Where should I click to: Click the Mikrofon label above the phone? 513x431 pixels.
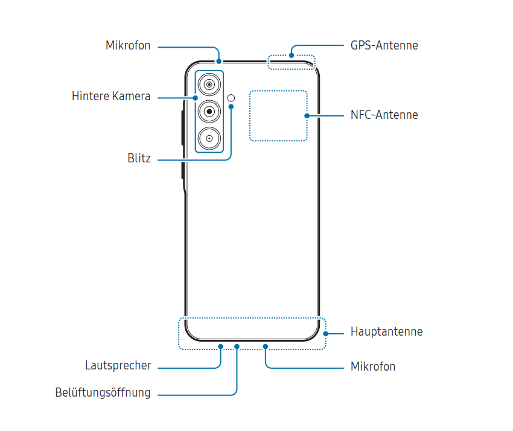coord(128,45)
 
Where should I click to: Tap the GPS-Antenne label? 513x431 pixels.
coord(384,45)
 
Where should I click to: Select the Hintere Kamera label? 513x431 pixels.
coord(111,96)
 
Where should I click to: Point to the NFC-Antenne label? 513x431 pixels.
coord(384,115)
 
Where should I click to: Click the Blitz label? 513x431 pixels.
coord(139,159)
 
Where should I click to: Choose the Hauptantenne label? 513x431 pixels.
coord(386,331)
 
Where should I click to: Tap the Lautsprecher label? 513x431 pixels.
coord(118,365)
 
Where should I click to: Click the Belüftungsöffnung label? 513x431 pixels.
coord(103,392)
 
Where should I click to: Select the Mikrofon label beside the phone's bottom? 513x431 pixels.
coord(373,366)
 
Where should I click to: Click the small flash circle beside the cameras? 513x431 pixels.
coord(232,97)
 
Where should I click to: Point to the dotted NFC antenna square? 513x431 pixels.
coord(278,115)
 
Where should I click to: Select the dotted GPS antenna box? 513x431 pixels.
coord(292,62)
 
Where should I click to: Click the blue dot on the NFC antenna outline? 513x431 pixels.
coord(307,115)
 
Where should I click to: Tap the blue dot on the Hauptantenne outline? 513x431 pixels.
coord(325,333)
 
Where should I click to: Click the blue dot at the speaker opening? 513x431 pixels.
coord(221,346)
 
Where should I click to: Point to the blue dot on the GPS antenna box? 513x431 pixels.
coord(292,56)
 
